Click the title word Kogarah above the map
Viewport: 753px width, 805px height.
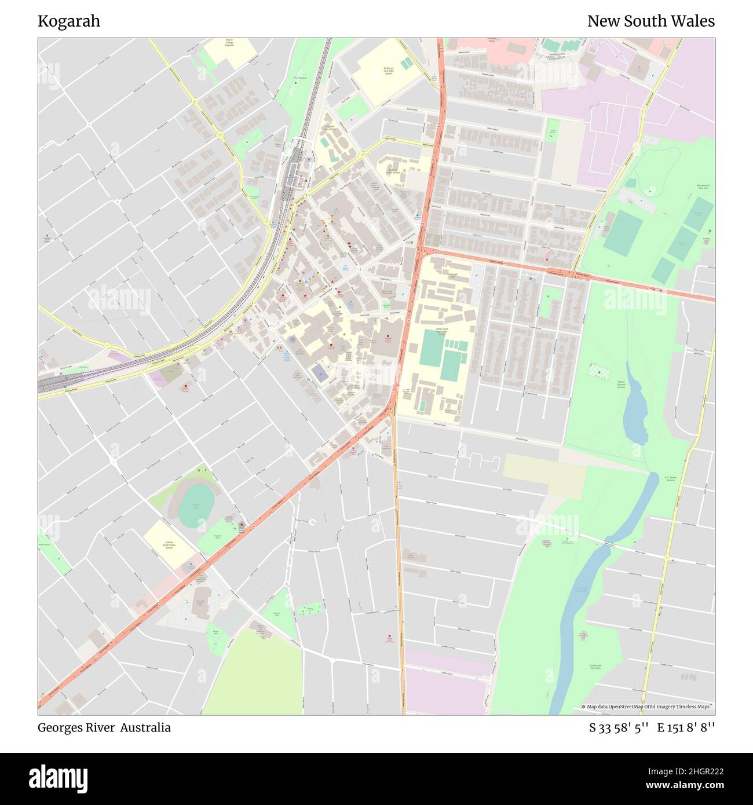tap(69, 21)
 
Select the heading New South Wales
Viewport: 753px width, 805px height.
tap(650, 21)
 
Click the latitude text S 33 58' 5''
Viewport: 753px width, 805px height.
tap(619, 727)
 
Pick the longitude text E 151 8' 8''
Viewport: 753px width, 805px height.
tap(686, 727)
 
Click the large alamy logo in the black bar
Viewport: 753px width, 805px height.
tap(59, 777)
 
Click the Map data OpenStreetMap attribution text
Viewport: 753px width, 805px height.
tap(648, 707)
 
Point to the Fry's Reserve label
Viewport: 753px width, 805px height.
tap(299, 76)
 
